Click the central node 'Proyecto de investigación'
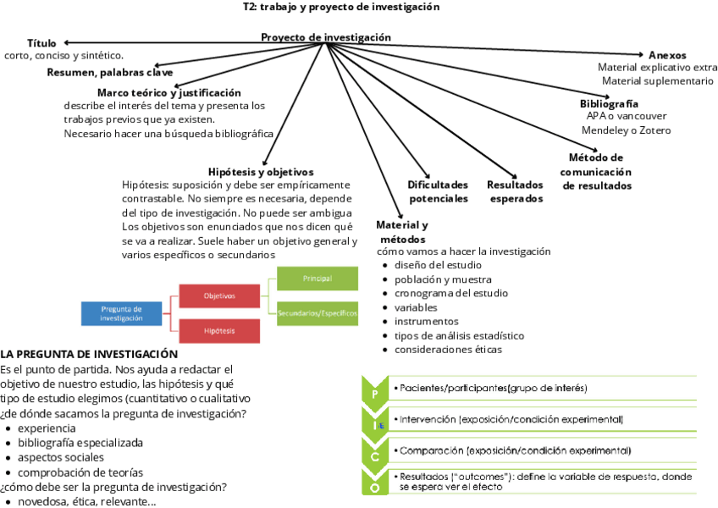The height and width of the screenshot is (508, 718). [x=326, y=37]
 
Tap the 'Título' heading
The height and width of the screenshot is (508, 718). [x=41, y=43]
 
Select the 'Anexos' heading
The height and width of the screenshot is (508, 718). [x=667, y=55]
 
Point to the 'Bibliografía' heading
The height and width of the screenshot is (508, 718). [x=609, y=103]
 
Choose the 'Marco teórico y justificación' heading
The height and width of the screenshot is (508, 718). [x=169, y=92]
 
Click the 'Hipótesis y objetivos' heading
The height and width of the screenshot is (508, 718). [x=261, y=171]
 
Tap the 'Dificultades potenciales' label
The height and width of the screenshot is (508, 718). [x=438, y=191]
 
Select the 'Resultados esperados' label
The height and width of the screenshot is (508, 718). [x=515, y=191]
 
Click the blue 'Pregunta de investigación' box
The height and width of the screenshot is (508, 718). [x=122, y=313]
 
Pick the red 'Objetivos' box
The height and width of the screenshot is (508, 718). [x=219, y=295]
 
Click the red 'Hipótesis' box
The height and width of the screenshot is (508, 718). [x=219, y=330]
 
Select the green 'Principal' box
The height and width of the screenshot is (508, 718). [x=317, y=279]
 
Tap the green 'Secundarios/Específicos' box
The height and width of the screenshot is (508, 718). [x=317, y=313]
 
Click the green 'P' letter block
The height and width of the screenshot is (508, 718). [x=375, y=393]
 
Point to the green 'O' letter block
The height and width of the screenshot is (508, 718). [x=375, y=484]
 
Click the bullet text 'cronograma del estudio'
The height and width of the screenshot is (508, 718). [x=451, y=293]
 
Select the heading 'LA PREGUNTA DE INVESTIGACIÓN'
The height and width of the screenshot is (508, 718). [x=89, y=354]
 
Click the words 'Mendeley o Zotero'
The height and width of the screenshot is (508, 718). [x=626, y=130]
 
